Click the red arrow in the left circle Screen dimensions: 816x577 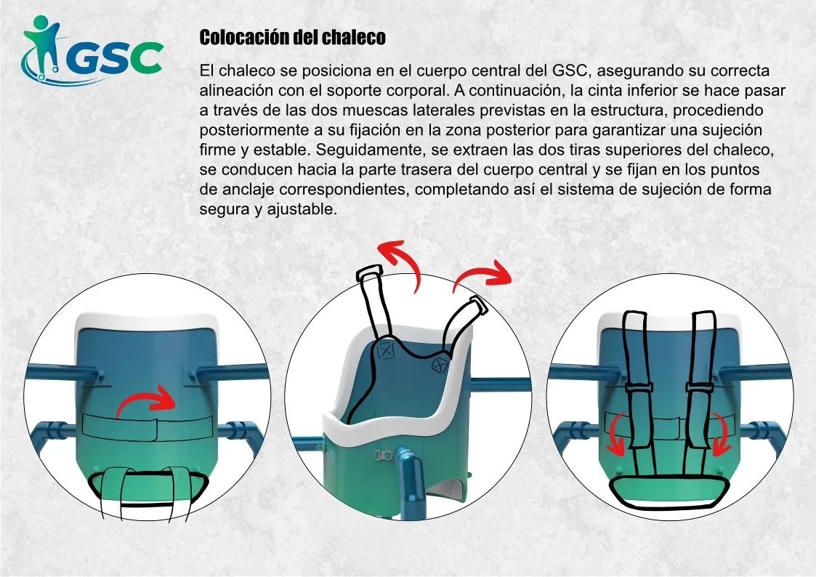click(147, 400)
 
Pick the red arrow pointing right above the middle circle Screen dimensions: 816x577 click(481, 274)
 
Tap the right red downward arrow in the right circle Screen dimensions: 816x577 click(719, 433)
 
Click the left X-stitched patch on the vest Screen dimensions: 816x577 click(386, 351)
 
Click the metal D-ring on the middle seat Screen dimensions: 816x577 click(383, 456)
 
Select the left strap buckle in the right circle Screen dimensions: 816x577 click(639, 387)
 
